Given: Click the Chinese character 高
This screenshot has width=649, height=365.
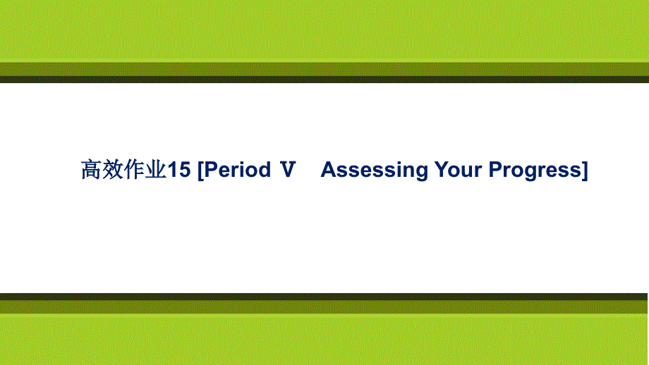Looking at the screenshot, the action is click(91, 170).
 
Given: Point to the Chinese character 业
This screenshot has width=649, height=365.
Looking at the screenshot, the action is click(156, 170).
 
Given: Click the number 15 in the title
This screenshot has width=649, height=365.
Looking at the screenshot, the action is click(178, 170).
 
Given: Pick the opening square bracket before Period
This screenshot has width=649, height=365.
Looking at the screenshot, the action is click(201, 170).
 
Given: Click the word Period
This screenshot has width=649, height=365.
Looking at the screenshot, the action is click(238, 170).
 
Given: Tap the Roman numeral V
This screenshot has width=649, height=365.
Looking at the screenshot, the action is click(288, 170).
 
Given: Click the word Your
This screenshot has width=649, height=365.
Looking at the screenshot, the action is click(459, 170).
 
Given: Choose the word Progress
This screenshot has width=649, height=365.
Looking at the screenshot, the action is click(535, 171).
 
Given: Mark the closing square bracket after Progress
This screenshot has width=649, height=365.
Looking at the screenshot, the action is click(585, 170).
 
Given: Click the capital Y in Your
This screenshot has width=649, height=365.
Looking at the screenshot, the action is click(442, 170).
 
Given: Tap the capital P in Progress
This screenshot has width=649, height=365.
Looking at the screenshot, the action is click(496, 170).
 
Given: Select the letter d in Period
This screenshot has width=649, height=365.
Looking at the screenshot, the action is click(264, 170).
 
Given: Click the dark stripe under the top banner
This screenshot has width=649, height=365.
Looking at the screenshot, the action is click(324, 80).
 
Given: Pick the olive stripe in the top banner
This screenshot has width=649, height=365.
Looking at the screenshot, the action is click(324, 70).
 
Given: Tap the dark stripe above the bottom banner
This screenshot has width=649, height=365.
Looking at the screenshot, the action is click(324, 297).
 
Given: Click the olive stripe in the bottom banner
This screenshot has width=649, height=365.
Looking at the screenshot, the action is click(324, 307).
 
